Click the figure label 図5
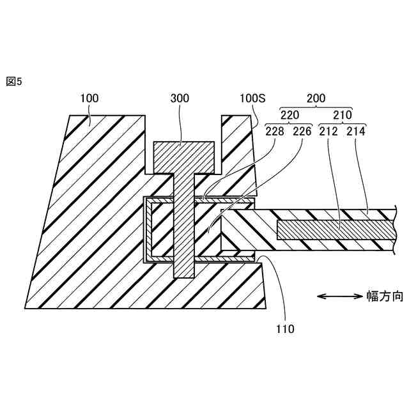(x=13, y=82)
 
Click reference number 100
(x=89, y=98)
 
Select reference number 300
(x=180, y=98)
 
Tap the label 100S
(x=252, y=98)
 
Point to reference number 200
(x=316, y=98)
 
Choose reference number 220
(x=291, y=115)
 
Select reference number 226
(x=302, y=132)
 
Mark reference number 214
(x=357, y=132)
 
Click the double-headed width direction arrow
(x=339, y=296)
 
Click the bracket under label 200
(x=316, y=107)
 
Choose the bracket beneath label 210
(x=341, y=123)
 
